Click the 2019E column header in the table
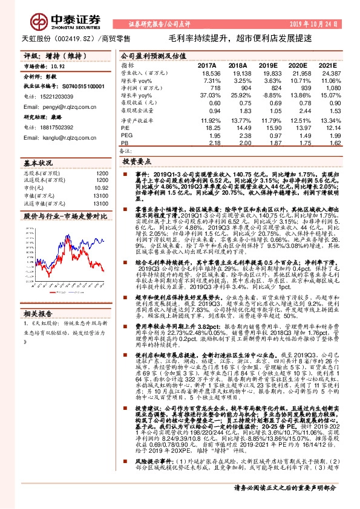(267, 65)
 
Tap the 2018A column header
(238, 65)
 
